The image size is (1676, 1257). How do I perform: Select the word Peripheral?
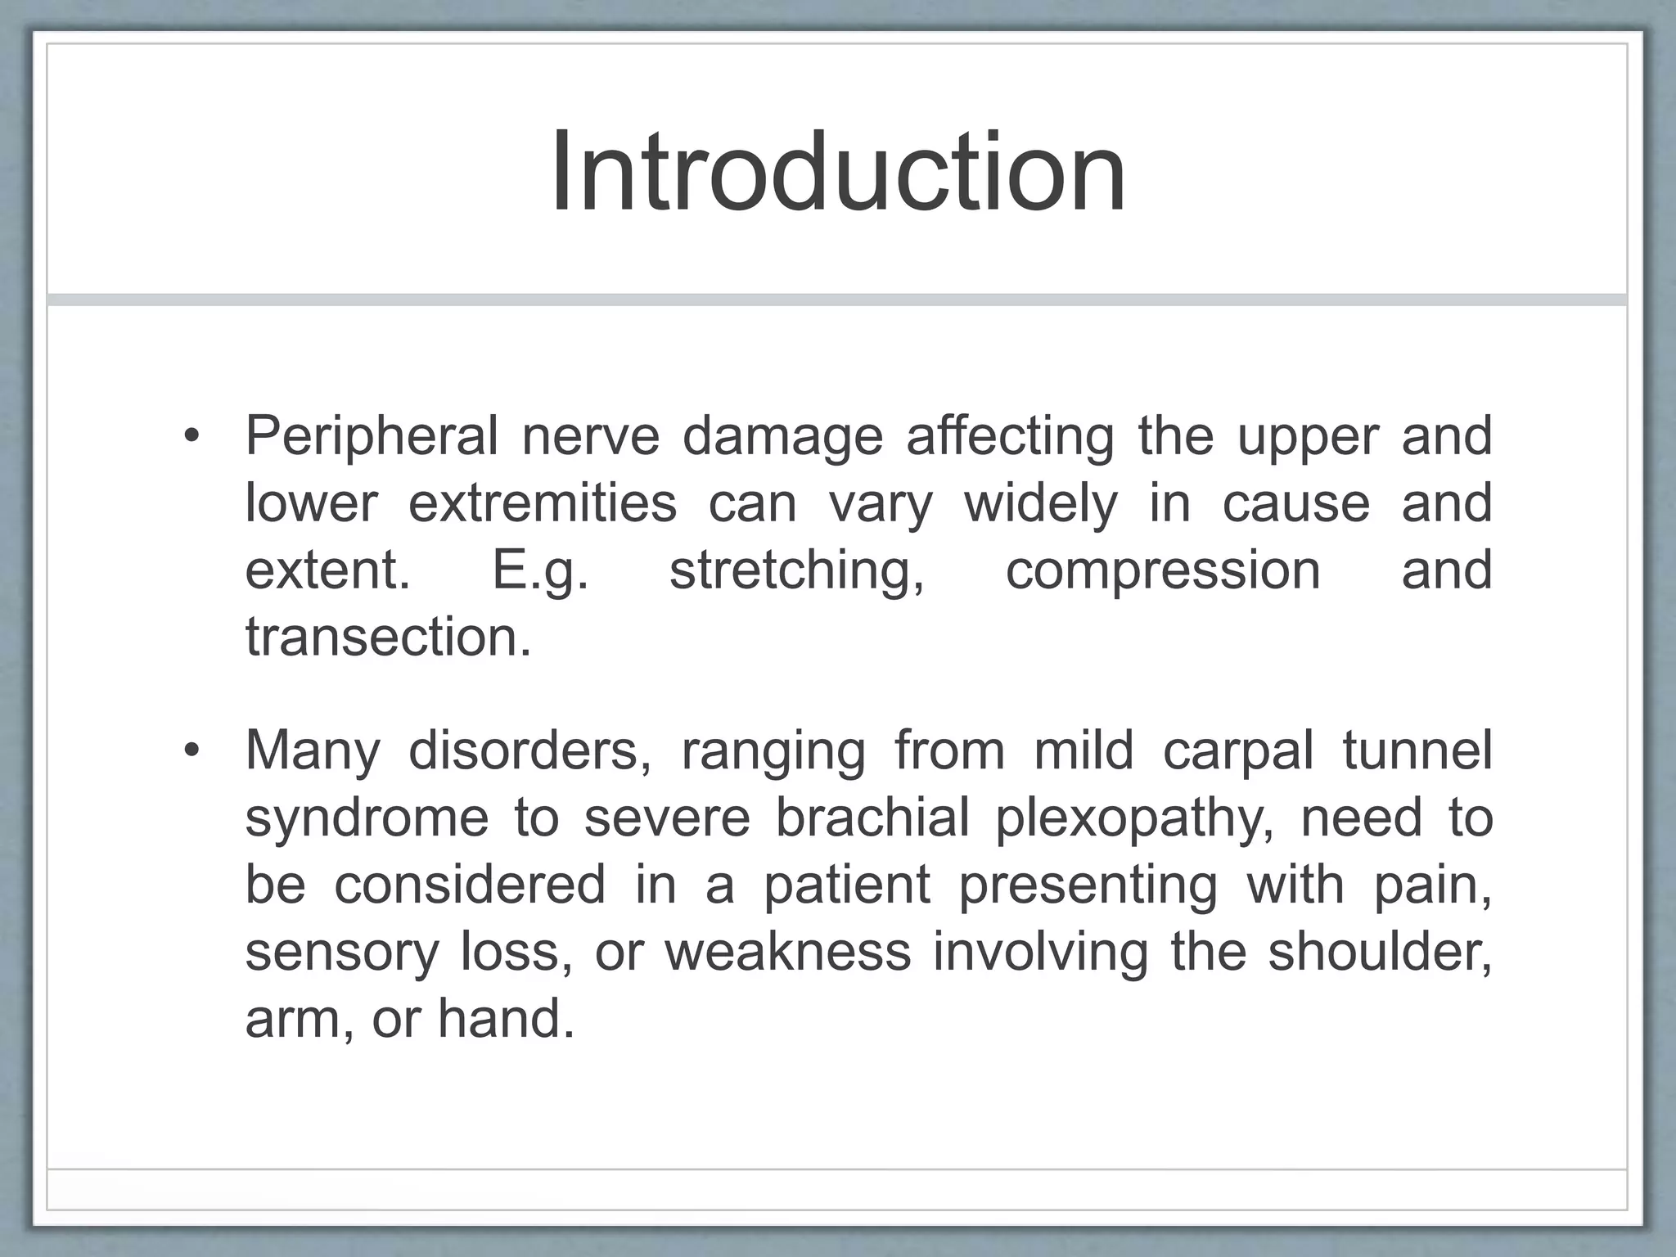(x=372, y=436)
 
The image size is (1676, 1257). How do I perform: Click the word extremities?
(x=543, y=503)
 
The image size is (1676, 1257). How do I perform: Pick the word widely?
(x=1041, y=503)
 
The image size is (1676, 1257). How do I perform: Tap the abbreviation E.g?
(x=540, y=570)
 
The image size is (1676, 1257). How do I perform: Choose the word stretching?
(x=797, y=570)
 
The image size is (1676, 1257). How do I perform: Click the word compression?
(x=1163, y=570)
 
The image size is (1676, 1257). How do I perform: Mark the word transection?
(x=388, y=638)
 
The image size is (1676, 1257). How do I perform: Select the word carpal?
(x=1238, y=750)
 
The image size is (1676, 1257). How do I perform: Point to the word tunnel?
(x=1417, y=750)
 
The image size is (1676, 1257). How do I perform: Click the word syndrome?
(x=367, y=818)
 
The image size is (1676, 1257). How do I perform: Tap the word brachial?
(x=872, y=818)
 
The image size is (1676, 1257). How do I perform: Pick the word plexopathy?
(x=1135, y=818)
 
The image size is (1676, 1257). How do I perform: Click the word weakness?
(x=787, y=952)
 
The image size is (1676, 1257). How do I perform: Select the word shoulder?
(x=1380, y=952)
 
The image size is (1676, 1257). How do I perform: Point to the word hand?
(x=506, y=1019)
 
